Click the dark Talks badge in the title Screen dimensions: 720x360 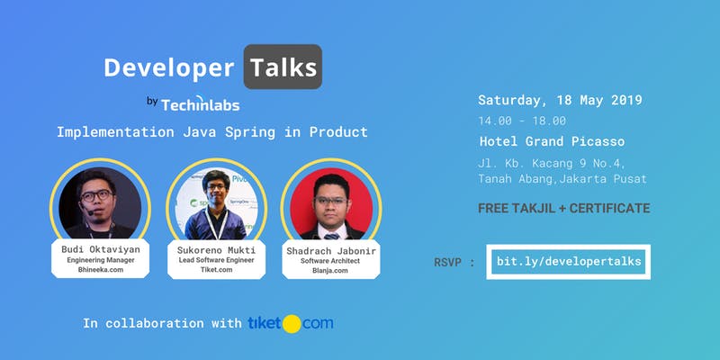283,67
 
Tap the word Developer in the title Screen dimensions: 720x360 169,67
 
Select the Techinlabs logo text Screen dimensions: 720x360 200,103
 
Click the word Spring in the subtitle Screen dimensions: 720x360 250,132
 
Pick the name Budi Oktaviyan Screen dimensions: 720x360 101,249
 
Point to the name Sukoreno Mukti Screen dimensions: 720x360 216,250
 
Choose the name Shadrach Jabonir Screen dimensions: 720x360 331,251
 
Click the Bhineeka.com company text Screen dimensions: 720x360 101,269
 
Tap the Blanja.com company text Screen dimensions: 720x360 330,271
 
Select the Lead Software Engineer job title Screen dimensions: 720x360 216,260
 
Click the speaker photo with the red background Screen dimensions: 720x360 331,203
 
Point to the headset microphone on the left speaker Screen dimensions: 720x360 87,211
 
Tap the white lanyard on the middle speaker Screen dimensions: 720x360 216,222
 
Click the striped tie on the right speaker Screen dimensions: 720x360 331,236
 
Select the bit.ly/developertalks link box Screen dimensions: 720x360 569,262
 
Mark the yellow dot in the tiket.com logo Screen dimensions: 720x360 292,324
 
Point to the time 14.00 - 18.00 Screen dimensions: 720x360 522,121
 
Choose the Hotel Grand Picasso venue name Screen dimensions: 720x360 552,141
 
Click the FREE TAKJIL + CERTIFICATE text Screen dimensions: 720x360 564,209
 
